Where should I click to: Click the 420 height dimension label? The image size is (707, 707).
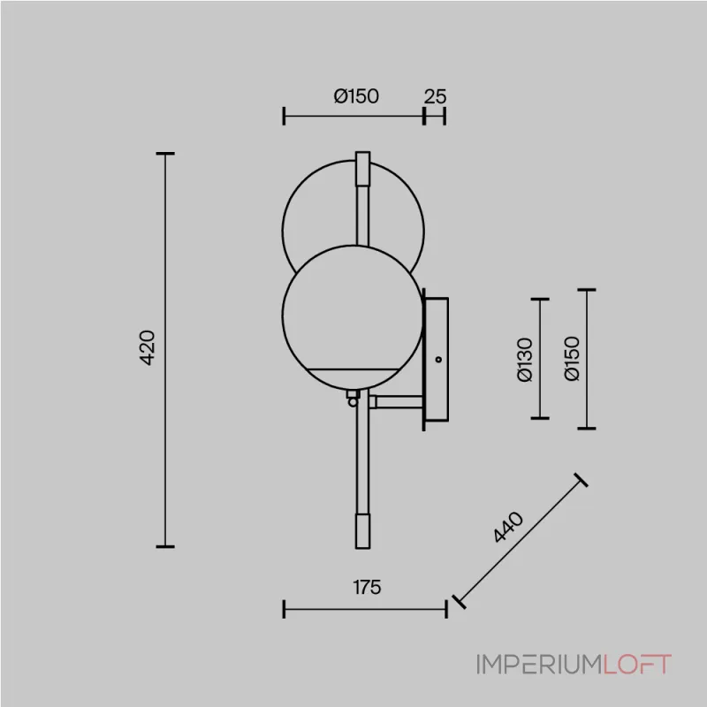coord(147,347)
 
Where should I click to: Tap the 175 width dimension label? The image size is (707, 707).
coord(367,587)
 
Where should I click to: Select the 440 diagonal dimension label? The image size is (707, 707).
coord(508,527)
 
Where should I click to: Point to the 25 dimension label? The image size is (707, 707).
coord(435,96)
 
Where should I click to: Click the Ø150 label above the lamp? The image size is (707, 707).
coord(356,96)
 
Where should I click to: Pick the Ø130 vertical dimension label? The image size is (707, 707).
coord(525,360)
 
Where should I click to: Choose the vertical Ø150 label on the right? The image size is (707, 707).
coord(572,359)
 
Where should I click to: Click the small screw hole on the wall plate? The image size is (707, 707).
coord(438,360)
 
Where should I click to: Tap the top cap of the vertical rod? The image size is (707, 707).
coord(363,168)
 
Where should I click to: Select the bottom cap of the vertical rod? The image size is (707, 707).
coord(363,531)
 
